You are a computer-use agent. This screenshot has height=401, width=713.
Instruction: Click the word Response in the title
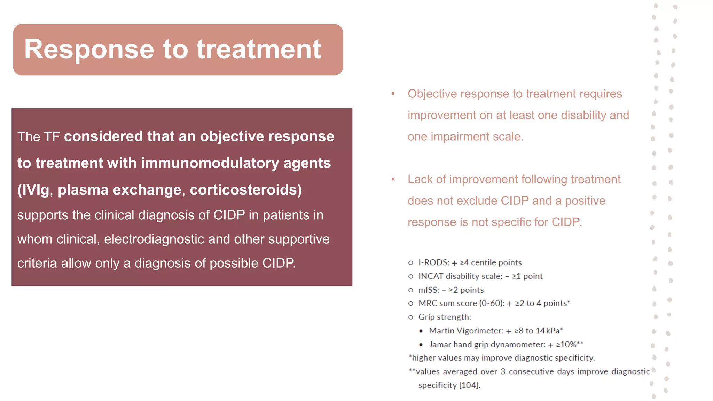pyautogui.click(x=89, y=50)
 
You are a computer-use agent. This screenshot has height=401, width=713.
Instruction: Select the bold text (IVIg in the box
pyautogui.click(x=33, y=190)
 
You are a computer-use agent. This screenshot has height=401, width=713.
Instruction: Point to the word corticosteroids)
pyautogui.click(x=246, y=190)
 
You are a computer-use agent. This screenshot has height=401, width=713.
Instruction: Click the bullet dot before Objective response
pyautogui.click(x=393, y=94)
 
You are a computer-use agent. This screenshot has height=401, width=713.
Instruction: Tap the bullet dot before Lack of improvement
pyautogui.click(x=393, y=179)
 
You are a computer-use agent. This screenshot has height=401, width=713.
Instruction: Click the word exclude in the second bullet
pyautogui.click(x=477, y=201)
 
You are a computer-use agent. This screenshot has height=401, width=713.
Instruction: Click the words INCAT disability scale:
pyautogui.click(x=460, y=276)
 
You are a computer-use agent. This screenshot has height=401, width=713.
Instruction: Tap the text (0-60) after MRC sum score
pyautogui.click(x=491, y=304)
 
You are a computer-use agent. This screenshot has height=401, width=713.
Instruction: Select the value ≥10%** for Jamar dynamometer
pyautogui.click(x=570, y=345)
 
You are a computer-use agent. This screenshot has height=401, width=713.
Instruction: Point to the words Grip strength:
pyautogui.click(x=445, y=317)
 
